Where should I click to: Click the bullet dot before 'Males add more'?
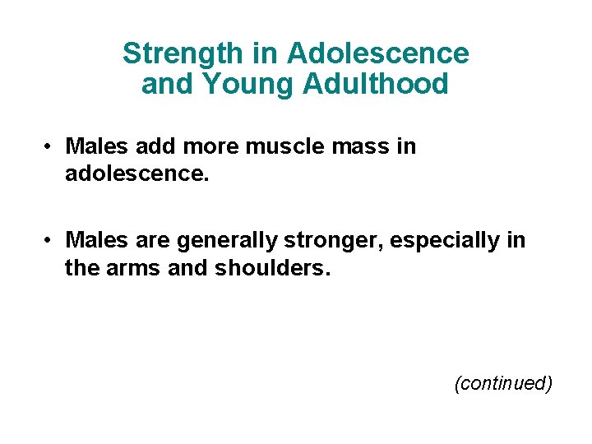[50, 147]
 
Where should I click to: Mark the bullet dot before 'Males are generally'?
[50, 241]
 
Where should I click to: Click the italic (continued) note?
[502, 383]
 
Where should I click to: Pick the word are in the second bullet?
[149, 241]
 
